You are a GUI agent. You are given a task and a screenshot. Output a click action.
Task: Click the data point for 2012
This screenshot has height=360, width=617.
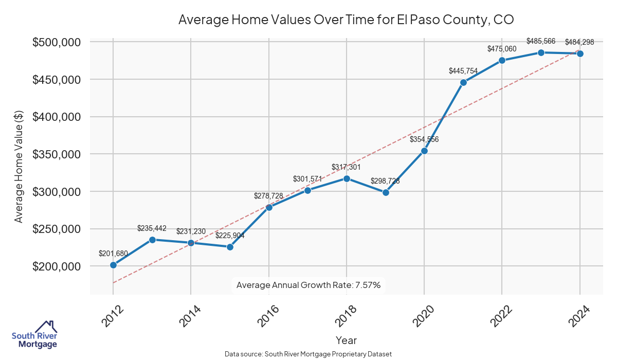113,265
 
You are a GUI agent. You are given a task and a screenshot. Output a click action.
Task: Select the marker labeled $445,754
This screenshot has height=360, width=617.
463,82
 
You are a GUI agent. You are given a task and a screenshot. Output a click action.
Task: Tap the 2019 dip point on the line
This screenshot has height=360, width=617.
386,192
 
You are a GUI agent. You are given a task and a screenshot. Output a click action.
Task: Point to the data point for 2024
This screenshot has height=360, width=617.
580,53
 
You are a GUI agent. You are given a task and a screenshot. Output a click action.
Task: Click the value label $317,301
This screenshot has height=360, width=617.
347,167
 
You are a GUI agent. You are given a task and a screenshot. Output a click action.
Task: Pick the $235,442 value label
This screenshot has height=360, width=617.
152,228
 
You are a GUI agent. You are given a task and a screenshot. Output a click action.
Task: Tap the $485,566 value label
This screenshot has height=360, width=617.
541,41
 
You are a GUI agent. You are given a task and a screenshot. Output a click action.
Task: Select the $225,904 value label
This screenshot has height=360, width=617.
230,236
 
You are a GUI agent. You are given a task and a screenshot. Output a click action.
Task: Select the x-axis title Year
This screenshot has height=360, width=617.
346,340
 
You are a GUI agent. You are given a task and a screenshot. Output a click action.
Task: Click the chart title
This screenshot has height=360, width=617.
346,20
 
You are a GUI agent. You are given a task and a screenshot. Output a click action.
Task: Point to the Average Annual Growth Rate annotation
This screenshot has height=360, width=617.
308,285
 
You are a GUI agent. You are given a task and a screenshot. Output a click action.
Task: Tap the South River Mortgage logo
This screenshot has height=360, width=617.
34,335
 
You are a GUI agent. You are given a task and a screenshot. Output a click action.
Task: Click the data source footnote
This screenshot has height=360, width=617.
308,354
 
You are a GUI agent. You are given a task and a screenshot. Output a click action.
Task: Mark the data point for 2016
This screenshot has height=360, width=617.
269,207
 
